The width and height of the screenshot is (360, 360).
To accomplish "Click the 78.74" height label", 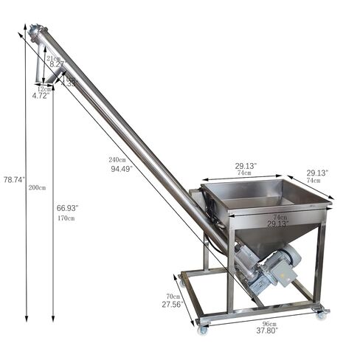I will coord(13,179).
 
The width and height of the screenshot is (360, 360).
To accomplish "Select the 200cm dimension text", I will coord(37,187).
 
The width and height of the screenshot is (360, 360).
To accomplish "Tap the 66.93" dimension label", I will coord(68,209).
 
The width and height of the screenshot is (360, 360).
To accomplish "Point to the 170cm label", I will coord(66,218).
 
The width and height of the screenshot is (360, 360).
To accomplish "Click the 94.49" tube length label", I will coord(122,168).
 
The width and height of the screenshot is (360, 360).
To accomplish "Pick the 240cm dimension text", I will coord(118,159).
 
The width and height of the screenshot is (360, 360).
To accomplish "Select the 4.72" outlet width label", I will coord(41,96).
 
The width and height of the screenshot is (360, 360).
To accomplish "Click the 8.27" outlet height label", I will coord(58,65).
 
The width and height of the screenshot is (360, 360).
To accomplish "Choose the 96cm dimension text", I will coord(269,323).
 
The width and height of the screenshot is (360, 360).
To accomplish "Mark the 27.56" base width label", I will coord(171,304).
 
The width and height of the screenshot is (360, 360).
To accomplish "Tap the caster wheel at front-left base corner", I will coord(202,328).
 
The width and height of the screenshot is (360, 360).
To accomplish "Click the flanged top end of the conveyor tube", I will coord(35,31).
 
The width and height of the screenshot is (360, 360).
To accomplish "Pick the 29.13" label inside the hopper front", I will coord(278,223).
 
